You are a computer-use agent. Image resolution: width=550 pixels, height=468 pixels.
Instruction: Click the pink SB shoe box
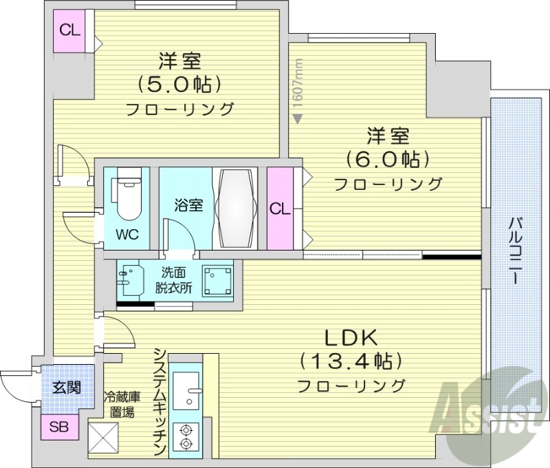click(x=60, y=427)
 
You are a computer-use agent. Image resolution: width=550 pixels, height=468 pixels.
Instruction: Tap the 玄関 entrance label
click(x=67, y=387)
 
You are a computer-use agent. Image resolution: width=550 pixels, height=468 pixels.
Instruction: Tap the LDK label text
click(x=351, y=338)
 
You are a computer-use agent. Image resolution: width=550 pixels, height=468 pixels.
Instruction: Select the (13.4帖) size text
click(x=351, y=361)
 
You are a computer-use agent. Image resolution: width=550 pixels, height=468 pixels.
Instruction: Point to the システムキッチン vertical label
click(x=159, y=402)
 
